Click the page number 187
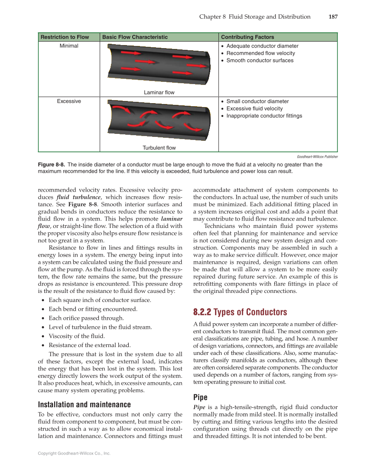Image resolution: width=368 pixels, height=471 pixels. pyautogui.click(x=332, y=17)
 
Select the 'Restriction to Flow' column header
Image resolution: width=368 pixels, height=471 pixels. pyautogui.click(x=65, y=37)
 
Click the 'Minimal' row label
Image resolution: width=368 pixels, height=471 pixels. pyautogui.click(x=69, y=46)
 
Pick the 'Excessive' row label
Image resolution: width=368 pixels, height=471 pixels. pyautogui.click(x=69, y=101)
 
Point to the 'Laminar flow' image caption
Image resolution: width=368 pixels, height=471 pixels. pyautogui.click(x=159, y=92)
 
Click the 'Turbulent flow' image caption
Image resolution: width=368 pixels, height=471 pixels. pyautogui.click(x=159, y=148)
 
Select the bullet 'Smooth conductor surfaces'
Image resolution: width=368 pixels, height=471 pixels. pyautogui.click(x=260, y=61)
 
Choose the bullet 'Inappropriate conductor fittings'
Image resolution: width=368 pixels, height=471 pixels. pyautogui.click(x=264, y=116)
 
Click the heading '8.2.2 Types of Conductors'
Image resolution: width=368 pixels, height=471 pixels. pyautogui.click(x=240, y=312)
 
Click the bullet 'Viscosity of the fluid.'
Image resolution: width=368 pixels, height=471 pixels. pyautogui.click(x=77, y=336)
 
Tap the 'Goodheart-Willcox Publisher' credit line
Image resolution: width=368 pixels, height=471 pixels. pyautogui.click(x=317, y=156)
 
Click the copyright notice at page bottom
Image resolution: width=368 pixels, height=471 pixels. pyautogui.click(x=74, y=453)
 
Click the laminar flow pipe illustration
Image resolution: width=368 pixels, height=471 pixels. pyautogui.click(x=159, y=65)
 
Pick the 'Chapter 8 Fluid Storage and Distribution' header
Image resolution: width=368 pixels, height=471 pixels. pyautogui.click(x=255, y=17)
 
